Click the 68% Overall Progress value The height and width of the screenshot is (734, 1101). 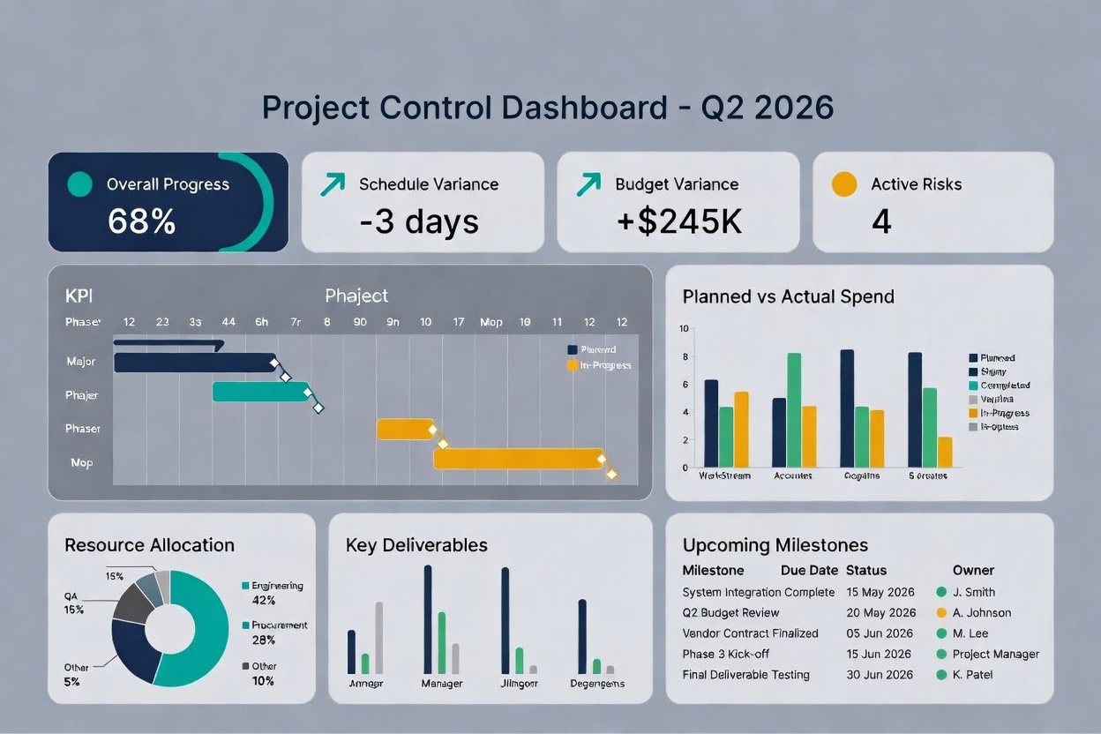click(141, 221)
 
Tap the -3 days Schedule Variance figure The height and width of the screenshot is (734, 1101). click(419, 221)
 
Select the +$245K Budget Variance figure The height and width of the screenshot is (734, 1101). click(678, 221)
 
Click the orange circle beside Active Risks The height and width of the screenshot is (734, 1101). click(844, 183)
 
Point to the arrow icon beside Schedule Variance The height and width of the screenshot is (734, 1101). click(333, 183)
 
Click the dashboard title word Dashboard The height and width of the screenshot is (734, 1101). click(584, 108)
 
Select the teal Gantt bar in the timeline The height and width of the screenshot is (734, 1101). click(260, 392)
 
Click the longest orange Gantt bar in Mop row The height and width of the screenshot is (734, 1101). click(518, 458)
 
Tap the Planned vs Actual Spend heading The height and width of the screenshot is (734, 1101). click(788, 296)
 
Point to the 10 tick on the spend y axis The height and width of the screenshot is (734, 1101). click(684, 329)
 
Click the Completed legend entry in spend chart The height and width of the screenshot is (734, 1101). click(1004, 386)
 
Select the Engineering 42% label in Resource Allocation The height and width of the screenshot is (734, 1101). click(276, 593)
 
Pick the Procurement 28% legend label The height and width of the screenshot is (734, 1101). click(278, 632)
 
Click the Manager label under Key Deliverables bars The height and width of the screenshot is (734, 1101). click(442, 683)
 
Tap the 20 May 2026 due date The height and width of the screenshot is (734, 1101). click(880, 613)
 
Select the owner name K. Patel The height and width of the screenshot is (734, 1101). click(972, 675)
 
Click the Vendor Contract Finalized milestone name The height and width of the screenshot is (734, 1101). click(750, 633)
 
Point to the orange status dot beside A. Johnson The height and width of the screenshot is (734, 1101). click(941, 613)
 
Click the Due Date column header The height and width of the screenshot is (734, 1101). click(809, 570)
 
